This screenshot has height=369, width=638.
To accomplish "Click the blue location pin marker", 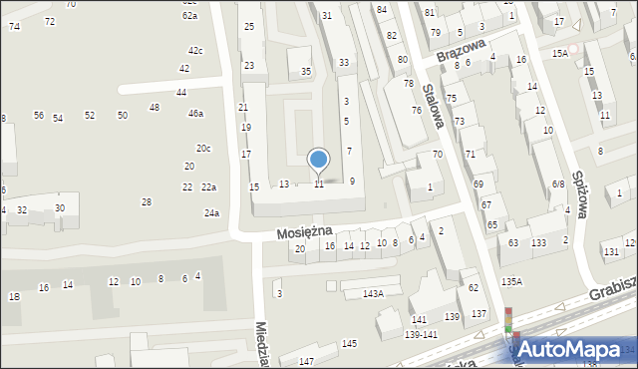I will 318,160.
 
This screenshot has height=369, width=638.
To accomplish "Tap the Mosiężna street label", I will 303,231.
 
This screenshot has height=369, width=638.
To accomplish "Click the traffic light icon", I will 509,320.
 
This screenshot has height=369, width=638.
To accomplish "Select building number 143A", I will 373,293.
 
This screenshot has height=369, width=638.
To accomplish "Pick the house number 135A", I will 512,282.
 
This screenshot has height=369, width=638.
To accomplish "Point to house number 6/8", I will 558,184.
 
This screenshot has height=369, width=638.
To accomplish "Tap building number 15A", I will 560,53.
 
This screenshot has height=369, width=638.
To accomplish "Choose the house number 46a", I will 196,114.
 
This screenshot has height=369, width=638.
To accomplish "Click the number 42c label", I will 195,50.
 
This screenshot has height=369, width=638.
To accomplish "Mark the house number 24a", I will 211,212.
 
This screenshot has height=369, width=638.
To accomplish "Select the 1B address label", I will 14,296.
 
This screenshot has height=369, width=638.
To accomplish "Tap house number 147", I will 306,360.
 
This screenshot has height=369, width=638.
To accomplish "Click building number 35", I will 306,71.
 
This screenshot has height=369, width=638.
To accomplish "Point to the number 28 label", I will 147,201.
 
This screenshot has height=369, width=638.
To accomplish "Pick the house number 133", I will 538,243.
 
